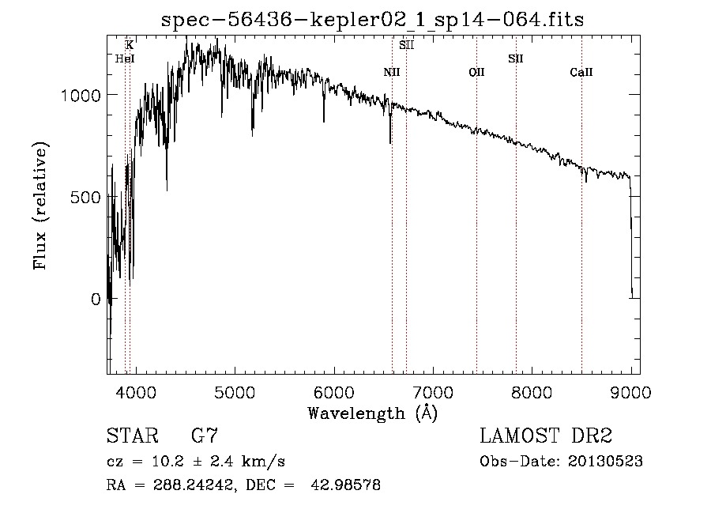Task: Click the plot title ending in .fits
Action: tap(372, 20)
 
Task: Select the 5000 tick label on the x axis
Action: tap(235, 391)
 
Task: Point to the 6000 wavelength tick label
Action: tap(334, 391)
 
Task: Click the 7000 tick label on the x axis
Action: tap(434, 391)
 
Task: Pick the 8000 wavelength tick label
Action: tap(532, 391)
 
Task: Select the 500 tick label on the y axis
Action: tap(88, 197)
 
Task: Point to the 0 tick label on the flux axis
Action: tap(96, 300)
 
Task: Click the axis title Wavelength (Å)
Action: tap(372, 413)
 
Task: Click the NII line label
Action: tap(392, 73)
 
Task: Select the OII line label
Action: tap(476, 73)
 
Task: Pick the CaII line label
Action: tap(581, 73)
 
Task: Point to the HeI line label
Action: tap(124, 58)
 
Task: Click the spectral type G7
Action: tap(205, 436)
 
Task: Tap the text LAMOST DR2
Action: tap(546, 436)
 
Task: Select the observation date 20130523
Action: tap(606, 461)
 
